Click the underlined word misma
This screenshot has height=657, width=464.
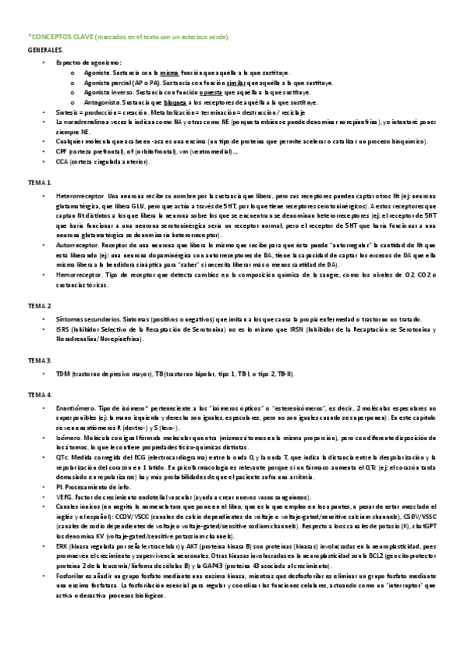coord(169,71)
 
